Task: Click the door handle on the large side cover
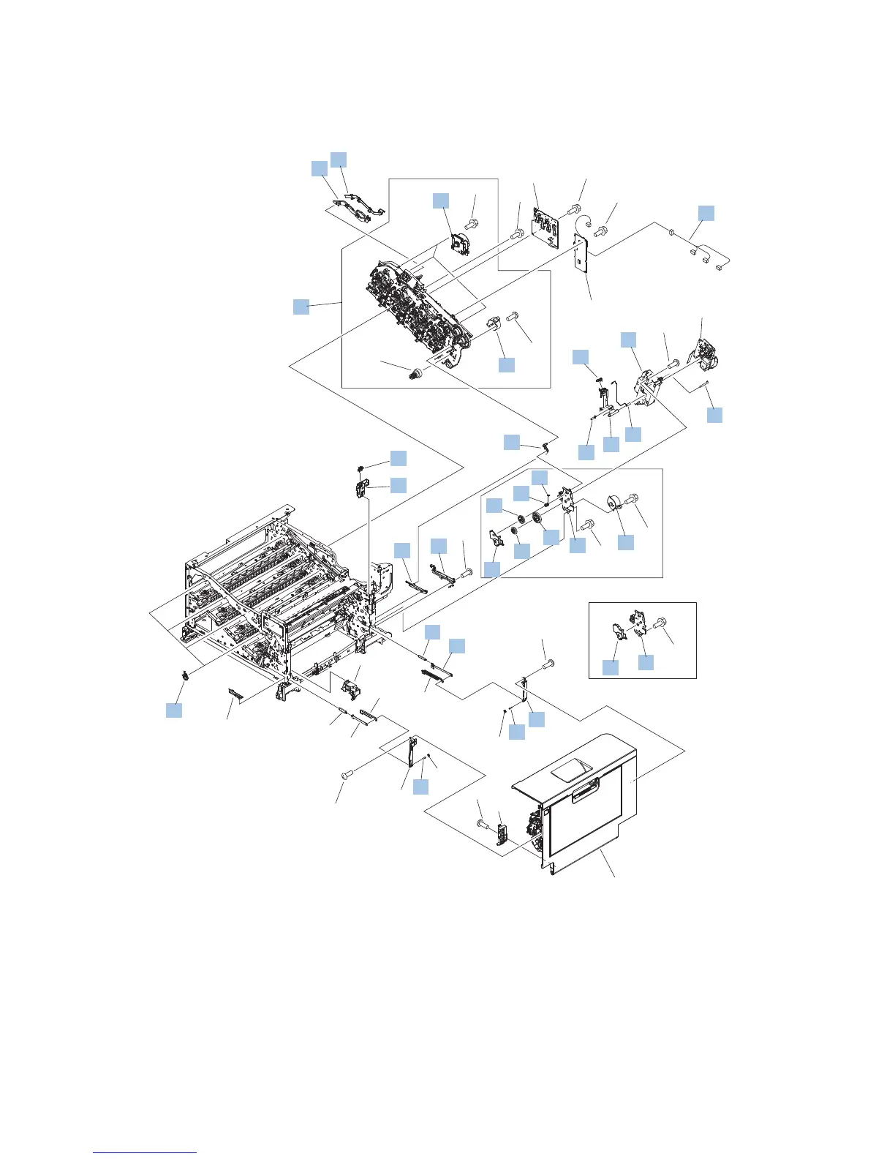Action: (586, 793)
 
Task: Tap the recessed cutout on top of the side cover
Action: (573, 768)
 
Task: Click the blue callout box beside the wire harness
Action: (706, 213)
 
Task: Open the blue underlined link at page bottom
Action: (145, 1152)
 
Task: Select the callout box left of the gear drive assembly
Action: (301, 307)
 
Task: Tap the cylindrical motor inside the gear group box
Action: (613, 504)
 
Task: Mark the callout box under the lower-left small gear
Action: (174, 710)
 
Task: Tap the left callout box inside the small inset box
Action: (610, 667)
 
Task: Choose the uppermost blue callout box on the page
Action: (339, 160)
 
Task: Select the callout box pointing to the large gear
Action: (551, 537)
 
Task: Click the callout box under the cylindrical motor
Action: (626, 542)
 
